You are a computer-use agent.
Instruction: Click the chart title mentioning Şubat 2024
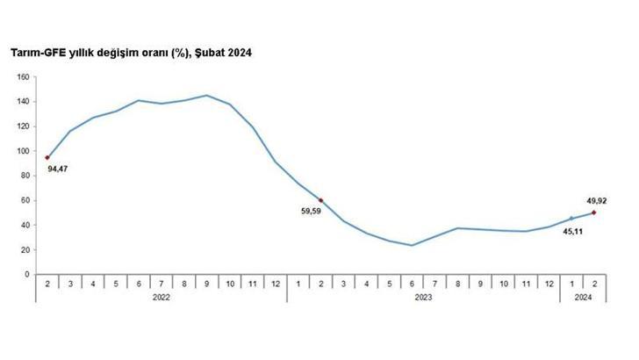click(131, 53)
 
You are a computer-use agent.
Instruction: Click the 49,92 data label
click(596, 200)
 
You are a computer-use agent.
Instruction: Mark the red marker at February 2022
click(47, 157)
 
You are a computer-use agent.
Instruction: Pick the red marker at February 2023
click(320, 200)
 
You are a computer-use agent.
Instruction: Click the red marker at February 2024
click(594, 212)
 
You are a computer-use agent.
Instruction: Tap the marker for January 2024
click(571, 219)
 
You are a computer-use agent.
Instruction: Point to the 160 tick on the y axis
click(24, 76)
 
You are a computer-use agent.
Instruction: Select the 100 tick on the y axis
click(24, 151)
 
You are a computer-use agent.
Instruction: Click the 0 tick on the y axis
click(27, 274)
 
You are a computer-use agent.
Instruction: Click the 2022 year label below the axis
click(161, 297)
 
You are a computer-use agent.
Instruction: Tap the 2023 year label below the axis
click(423, 297)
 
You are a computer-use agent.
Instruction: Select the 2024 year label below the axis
click(583, 297)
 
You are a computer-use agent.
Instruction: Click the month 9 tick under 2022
click(206, 283)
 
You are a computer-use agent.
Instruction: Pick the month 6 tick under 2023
click(412, 283)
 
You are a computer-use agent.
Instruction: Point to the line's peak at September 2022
click(206, 95)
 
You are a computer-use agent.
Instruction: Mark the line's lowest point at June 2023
click(412, 245)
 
